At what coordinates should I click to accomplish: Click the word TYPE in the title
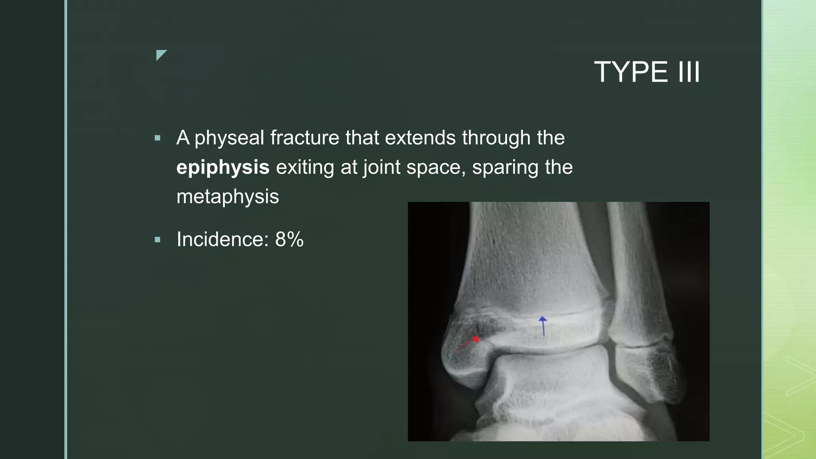(x=631, y=72)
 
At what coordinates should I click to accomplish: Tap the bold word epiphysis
(x=223, y=167)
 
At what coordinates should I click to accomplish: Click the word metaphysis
(x=228, y=196)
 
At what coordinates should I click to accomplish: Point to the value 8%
(x=289, y=239)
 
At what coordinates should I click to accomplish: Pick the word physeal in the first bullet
(x=229, y=138)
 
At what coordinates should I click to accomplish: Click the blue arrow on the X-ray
(x=543, y=326)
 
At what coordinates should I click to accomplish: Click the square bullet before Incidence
(x=157, y=240)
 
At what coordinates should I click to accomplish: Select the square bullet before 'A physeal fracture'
(x=157, y=138)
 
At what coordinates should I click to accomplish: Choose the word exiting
(x=305, y=167)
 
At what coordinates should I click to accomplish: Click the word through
(x=496, y=138)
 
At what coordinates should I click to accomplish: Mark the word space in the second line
(x=436, y=167)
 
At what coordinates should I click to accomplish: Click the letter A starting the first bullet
(x=183, y=138)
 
